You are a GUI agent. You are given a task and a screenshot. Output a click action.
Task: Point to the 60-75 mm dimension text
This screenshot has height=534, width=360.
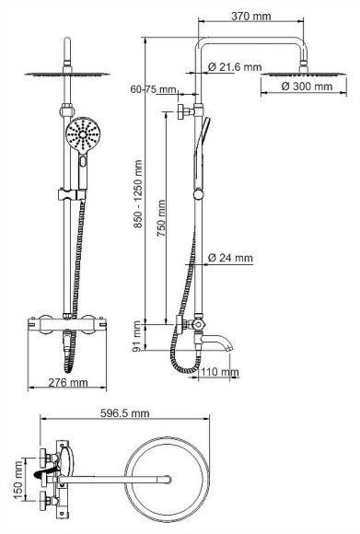(x=154, y=89)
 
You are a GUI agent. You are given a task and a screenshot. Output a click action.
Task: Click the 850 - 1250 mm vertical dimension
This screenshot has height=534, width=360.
(x=138, y=194)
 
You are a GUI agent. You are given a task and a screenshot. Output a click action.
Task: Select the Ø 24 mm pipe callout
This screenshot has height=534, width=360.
(x=231, y=258)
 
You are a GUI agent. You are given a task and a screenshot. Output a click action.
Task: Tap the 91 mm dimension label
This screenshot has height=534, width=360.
(x=138, y=335)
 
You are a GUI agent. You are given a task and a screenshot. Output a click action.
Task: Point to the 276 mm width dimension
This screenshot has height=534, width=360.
(x=68, y=383)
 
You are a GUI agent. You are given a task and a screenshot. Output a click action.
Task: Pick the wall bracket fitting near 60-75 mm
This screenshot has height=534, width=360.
(x=183, y=111)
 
